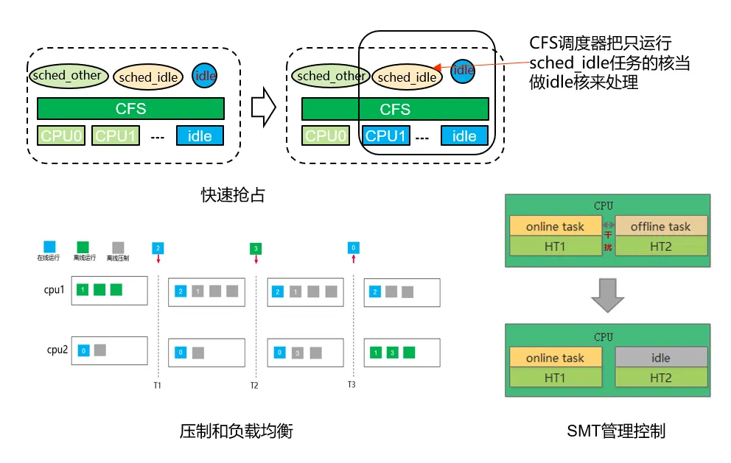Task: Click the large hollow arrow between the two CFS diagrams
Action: pos(263,108)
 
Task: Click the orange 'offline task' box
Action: pos(660,227)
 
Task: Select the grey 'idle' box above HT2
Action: pos(660,358)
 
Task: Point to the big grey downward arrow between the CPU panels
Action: pos(607,294)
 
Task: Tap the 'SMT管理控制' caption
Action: pos(615,431)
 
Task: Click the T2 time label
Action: pos(254,385)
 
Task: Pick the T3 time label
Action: pos(351,384)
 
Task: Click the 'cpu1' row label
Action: pos(55,290)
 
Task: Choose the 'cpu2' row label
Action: pos(57,350)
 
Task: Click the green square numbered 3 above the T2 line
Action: pos(255,248)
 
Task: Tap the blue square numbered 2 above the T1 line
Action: pos(157,248)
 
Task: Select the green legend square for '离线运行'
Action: pos(83,246)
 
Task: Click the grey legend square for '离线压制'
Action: pos(118,246)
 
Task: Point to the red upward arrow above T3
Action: pos(354,259)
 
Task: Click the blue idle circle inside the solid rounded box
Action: pos(463,71)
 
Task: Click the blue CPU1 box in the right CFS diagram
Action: pos(386,136)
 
